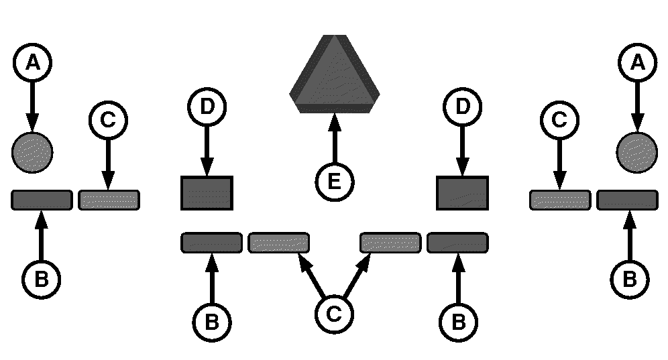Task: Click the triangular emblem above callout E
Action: [x=334, y=74]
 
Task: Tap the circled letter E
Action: [x=334, y=182]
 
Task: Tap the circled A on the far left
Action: [x=32, y=63]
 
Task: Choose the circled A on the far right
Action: [x=636, y=63]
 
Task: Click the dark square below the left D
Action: [x=207, y=193]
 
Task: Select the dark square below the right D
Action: [x=462, y=193]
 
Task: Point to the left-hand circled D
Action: [x=207, y=106]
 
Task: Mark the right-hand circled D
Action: [x=462, y=106]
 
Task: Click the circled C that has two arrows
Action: [x=334, y=314]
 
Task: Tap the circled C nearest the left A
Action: [x=107, y=121]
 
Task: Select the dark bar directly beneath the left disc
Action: [x=42, y=200]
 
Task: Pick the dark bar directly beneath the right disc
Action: [x=627, y=200]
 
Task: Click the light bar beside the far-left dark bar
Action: [x=109, y=200]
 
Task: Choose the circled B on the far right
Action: [x=629, y=279]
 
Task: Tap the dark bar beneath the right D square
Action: [x=457, y=242]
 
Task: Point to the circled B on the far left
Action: [x=41, y=279]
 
